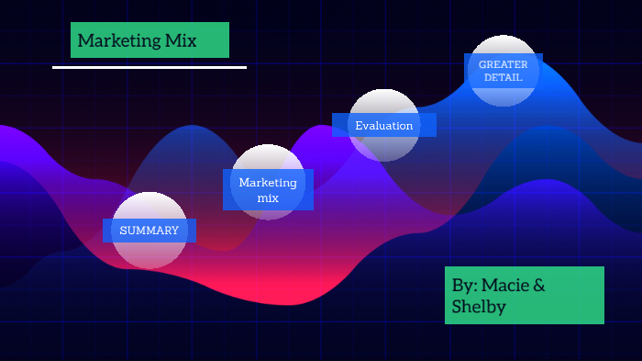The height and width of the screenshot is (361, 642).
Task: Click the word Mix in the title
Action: (180, 40)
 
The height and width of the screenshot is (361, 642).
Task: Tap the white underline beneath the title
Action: (149, 67)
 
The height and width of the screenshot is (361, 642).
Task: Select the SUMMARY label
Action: (149, 231)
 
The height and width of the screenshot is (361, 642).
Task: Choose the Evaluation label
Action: (383, 125)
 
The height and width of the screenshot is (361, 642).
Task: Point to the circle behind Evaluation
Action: (383, 147)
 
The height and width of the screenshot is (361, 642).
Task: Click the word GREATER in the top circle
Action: (504, 64)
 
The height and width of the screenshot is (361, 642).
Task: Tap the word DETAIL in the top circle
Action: (504, 77)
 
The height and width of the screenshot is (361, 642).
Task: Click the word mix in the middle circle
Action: (268, 197)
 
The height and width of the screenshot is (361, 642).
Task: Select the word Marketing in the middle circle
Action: (268, 182)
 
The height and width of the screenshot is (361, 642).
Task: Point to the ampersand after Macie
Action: (538, 285)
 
